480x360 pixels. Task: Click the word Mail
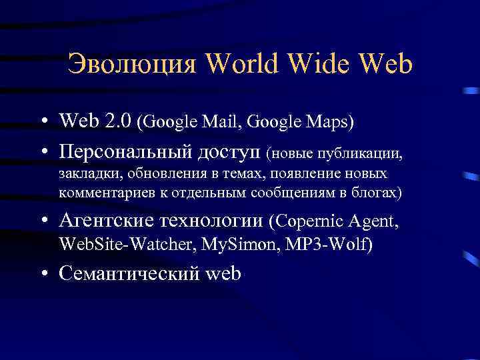[x=231, y=123]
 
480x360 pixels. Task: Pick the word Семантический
[x=129, y=273]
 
